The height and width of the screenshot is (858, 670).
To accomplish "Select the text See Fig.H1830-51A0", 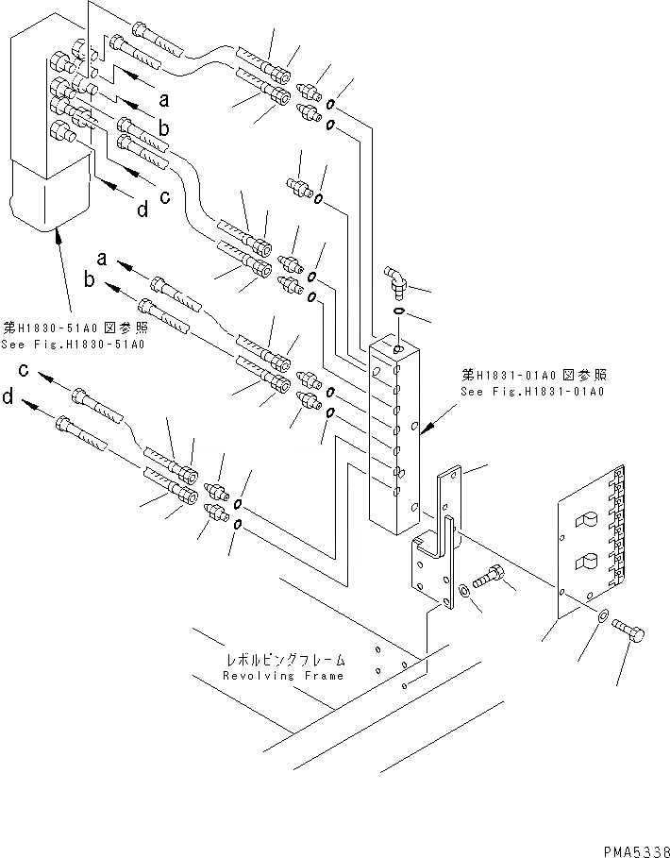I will pyautogui.click(x=75, y=345).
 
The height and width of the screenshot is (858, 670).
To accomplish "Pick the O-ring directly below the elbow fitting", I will pyautogui.click(x=397, y=311).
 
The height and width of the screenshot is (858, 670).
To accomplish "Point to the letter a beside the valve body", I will pyautogui.click(x=163, y=97).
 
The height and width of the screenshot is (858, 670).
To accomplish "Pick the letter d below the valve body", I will pyautogui.click(x=142, y=210).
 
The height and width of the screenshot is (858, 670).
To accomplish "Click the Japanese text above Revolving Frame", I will pyautogui.click(x=285, y=661).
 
